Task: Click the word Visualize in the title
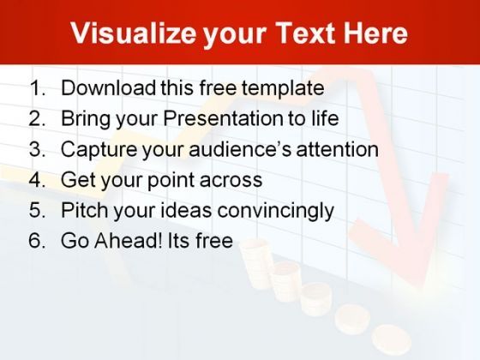(133, 33)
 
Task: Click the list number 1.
(38, 87)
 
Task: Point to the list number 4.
(38, 179)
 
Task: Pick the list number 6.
(38, 240)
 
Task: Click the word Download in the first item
(108, 87)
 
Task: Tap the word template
(283, 89)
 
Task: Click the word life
(325, 118)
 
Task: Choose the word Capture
(99, 150)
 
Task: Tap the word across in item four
(231, 180)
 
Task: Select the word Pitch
(85, 210)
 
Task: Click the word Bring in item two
(86, 119)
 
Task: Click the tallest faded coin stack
(256, 263)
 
